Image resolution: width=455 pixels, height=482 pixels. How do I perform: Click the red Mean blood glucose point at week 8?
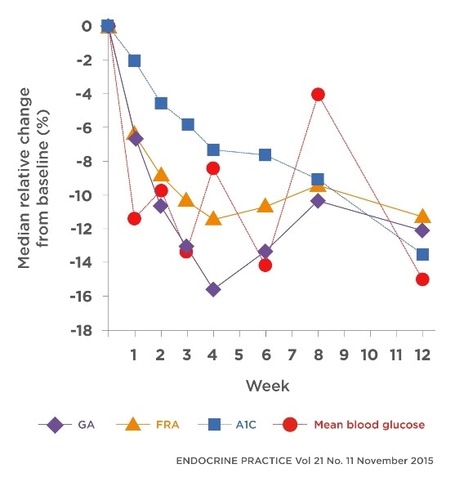click(318, 94)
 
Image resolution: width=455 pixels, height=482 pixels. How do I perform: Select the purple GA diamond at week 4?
click(213, 289)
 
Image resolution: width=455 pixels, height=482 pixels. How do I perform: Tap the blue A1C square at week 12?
click(423, 254)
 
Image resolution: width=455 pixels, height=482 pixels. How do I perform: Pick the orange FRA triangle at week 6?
click(265, 205)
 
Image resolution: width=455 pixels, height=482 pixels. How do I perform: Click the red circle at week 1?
click(135, 218)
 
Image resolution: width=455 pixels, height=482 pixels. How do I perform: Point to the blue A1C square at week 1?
click(135, 60)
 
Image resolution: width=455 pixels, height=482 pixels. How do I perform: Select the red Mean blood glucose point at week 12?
click(423, 279)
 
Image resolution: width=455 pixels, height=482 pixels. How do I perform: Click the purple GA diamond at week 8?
click(318, 200)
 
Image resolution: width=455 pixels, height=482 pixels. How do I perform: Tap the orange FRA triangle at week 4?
click(213, 218)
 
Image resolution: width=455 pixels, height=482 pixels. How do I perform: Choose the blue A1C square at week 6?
click(265, 154)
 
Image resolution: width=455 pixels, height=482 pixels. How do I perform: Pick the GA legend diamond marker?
click(56, 425)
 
